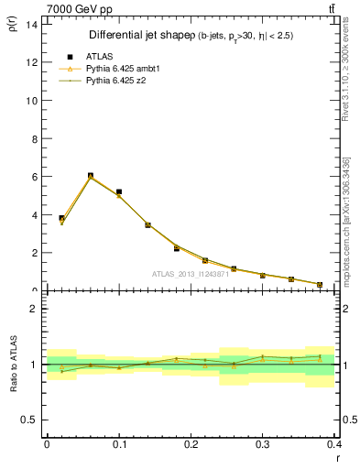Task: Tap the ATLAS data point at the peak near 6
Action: pyautogui.click(x=90, y=176)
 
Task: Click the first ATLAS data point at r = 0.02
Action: pyautogui.click(x=61, y=219)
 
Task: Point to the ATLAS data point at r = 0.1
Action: pyautogui.click(x=119, y=192)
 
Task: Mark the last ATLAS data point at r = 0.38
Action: pyautogui.click(x=320, y=285)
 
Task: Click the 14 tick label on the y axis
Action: pyautogui.click(x=32, y=24)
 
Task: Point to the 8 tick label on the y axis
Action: pyautogui.click(x=34, y=138)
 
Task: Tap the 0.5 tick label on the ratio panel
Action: pyautogui.click(x=30, y=420)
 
